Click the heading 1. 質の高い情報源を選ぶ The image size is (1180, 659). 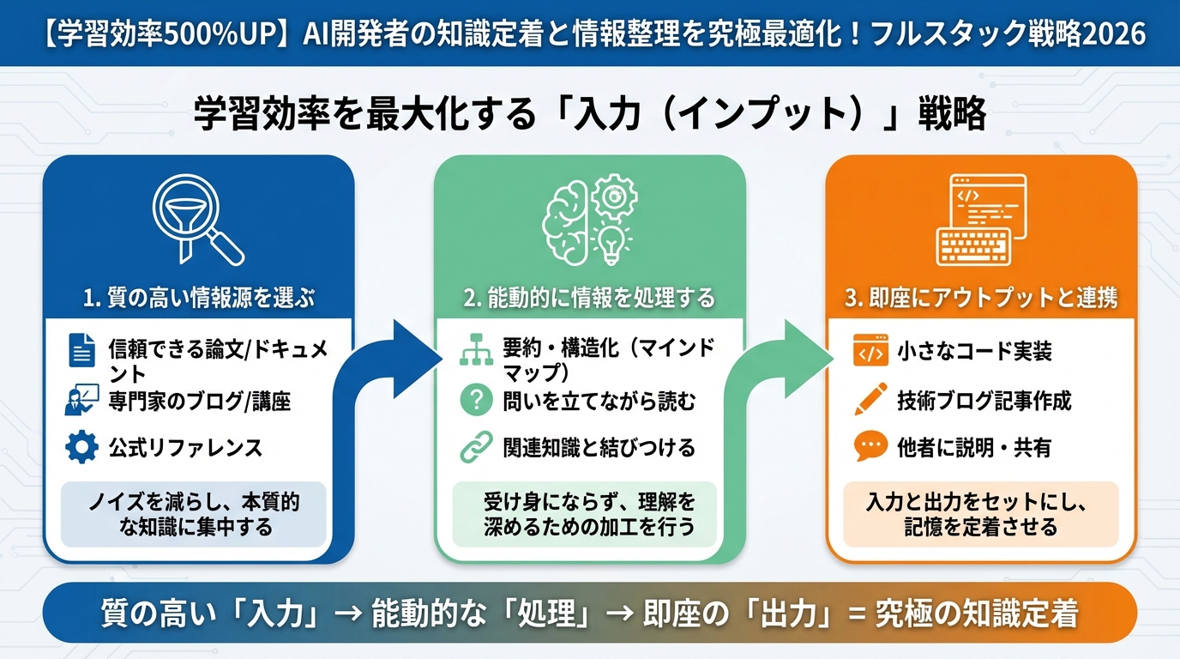click(198, 299)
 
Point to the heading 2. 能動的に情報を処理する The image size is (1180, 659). click(589, 299)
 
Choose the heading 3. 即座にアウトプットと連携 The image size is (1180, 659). click(980, 299)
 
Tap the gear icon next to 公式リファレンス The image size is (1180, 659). click(82, 447)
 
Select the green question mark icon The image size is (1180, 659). click(476, 400)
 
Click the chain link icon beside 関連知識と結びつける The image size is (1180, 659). click(476, 447)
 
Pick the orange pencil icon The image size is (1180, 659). click(870, 400)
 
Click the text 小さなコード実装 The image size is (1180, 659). click(974, 351)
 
